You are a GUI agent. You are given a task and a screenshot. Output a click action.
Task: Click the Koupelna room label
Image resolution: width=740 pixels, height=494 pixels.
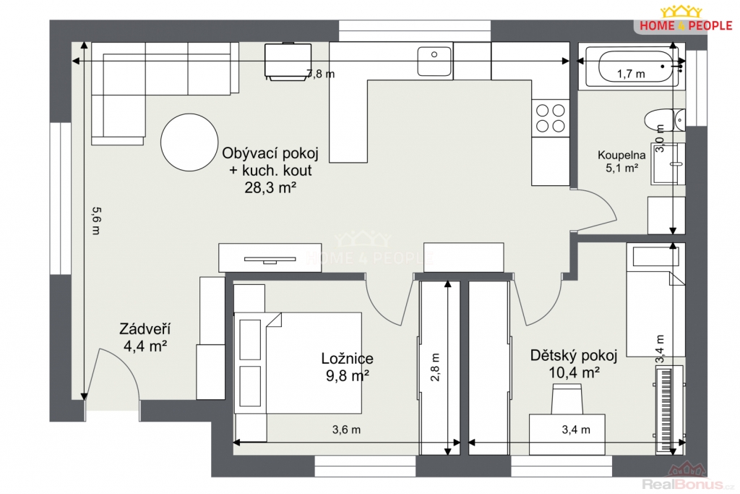pyautogui.click(x=621, y=155)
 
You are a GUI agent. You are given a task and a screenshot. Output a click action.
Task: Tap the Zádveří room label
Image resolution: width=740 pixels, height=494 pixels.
pyautogui.click(x=145, y=328)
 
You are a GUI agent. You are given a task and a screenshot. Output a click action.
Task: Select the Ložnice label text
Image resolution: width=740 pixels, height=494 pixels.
pyautogui.click(x=348, y=359)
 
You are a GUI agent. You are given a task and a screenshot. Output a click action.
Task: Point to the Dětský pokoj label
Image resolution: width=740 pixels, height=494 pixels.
pyautogui.click(x=573, y=355)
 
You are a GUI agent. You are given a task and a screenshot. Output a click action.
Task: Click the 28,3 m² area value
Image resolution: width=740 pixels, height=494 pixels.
pyautogui.click(x=270, y=187)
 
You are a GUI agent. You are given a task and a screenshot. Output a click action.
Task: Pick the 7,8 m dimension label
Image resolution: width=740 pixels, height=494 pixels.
pyautogui.click(x=321, y=74)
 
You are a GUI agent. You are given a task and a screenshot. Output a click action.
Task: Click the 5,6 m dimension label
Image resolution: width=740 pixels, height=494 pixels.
pyautogui.click(x=96, y=221)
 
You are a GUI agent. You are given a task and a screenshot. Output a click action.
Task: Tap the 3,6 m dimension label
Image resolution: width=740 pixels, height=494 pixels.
pyautogui.click(x=346, y=430)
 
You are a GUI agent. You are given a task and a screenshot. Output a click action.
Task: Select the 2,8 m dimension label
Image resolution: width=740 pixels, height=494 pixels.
pyautogui.click(x=435, y=367)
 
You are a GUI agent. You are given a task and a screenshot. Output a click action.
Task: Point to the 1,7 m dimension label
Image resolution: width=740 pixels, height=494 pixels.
pyautogui.click(x=631, y=74)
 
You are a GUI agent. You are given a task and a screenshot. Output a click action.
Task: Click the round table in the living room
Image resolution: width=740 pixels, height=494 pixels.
pyautogui.click(x=189, y=142)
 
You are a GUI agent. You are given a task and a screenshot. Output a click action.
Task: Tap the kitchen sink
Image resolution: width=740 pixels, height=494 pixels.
pyautogui.click(x=434, y=61)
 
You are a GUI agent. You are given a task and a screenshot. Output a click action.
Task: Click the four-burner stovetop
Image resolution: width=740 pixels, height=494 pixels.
pyautogui.click(x=550, y=118)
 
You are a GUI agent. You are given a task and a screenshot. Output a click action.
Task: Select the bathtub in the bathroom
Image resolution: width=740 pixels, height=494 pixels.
pyautogui.click(x=632, y=67)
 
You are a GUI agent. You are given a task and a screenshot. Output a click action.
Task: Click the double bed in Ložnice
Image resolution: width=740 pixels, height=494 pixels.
pyautogui.click(x=298, y=362)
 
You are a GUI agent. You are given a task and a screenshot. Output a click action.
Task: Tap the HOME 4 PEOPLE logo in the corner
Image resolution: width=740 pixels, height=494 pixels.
pyautogui.click(x=686, y=18)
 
